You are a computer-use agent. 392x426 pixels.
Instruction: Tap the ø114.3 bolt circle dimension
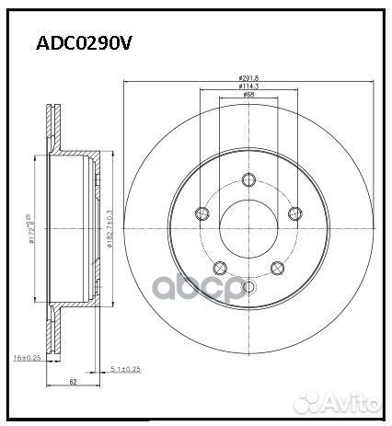pos(248,86)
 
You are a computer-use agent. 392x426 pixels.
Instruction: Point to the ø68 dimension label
pos(248,95)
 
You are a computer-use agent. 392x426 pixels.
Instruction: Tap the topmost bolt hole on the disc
pos(248,180)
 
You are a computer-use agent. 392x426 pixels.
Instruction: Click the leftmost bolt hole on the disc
pos(203,214)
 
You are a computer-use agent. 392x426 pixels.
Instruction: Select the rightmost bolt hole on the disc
pos(294,214)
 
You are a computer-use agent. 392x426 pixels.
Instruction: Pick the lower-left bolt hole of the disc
pos(220,268)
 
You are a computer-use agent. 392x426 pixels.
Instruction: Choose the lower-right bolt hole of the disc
pos(277,268)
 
